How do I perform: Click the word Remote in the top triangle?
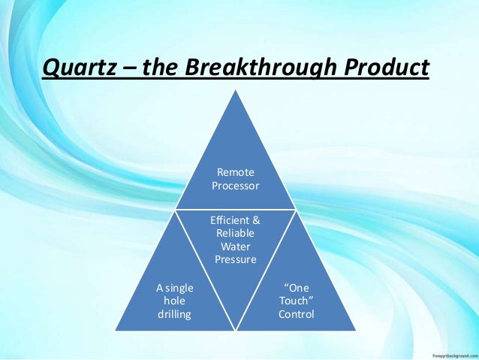tap(235, 173)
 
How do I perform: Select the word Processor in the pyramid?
tap(235, 186)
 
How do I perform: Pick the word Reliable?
tap(235, 234)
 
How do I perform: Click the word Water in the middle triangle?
tap(235, 247)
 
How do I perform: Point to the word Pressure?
tap(235, 259)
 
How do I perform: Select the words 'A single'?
tap(173, 288)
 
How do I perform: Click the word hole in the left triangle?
tap(173, 301)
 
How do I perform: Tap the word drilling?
tap(173, 313)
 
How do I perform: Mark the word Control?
tap(296, 313)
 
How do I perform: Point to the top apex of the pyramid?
tap(235, 94)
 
